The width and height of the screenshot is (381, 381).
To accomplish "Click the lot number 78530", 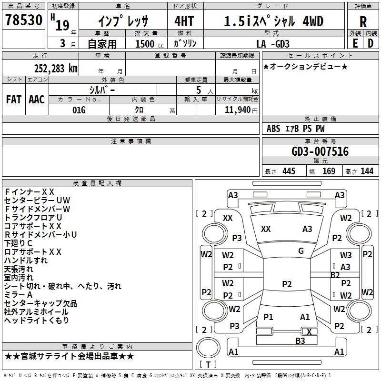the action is [24, 20].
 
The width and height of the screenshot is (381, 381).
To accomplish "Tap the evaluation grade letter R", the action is [363, 22].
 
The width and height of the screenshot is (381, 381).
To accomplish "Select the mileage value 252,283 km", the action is [56, 69].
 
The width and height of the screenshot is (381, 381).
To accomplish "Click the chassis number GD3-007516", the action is [320, 151].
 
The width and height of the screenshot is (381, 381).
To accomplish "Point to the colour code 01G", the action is [79, 110].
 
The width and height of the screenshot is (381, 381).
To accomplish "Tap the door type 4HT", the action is [184, 21].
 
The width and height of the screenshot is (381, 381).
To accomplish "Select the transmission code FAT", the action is [14, 100].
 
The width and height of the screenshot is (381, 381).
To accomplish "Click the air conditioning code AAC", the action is [37, 100].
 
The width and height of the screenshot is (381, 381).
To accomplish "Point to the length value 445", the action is [289, 171].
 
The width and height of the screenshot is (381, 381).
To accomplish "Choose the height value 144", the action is [367, 171].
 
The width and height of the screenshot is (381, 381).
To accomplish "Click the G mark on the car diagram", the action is [301, 251].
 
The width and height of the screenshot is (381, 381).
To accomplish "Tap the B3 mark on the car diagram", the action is [300, 341].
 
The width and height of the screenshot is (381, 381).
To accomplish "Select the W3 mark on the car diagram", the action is [346, 255].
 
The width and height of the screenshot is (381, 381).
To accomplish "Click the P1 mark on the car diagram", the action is [268, 317].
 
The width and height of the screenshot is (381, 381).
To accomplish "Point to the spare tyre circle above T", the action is [208, 348].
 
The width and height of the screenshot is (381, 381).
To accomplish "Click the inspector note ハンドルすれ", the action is [26, 261].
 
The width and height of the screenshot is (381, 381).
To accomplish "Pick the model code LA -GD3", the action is [273, 44].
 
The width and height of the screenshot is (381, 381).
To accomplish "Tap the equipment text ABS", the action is [273, 129].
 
